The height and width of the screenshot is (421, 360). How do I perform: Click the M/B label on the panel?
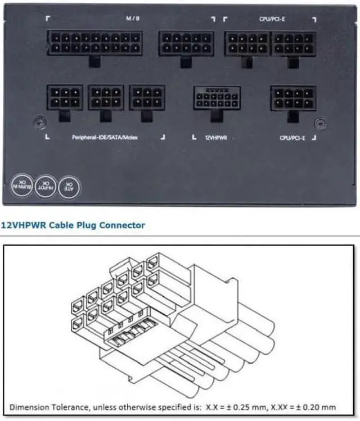132,18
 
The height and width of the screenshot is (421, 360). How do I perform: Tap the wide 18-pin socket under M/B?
94,43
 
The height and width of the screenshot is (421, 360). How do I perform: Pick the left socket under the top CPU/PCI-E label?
246,43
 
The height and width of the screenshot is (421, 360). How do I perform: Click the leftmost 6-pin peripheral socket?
65,97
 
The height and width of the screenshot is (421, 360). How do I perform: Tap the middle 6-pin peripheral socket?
106,97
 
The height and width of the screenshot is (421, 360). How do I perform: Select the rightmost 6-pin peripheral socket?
147,97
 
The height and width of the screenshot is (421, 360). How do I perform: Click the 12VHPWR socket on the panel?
216,98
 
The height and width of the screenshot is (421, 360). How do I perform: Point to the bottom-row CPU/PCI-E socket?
292,98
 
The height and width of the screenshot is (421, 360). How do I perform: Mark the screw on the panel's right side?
320,121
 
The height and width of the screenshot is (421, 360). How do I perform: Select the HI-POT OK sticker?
44,185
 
